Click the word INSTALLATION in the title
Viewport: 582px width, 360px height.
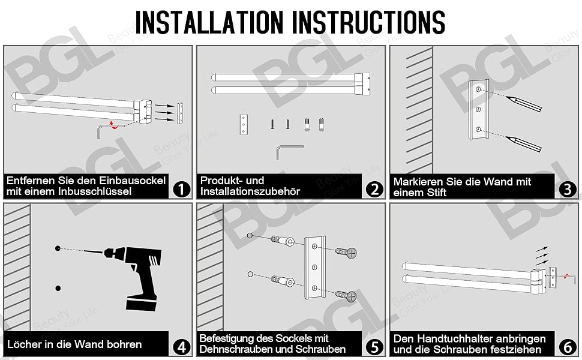click(209, 22)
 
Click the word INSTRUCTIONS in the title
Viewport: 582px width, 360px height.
click(369, 22)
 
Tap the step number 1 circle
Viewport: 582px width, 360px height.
click(181, 189)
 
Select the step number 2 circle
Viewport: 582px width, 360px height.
click(374, 189)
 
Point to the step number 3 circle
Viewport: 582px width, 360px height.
click(568, 189)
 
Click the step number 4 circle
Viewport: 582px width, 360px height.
click(182, 347)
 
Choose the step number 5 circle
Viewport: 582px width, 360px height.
click(374, 347)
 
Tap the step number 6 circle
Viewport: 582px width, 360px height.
click(568, 347)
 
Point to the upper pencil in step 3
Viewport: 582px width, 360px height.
click(525, 104)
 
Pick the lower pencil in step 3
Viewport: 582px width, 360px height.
click(524, 144)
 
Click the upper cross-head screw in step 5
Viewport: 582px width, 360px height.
click(346, 253)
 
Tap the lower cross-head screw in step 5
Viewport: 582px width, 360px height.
click(346, 295)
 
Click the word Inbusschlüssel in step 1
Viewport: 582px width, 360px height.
click(96, 191)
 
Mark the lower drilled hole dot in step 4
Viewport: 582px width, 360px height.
click(58, 289)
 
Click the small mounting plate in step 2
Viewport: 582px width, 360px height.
click(244, 125)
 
